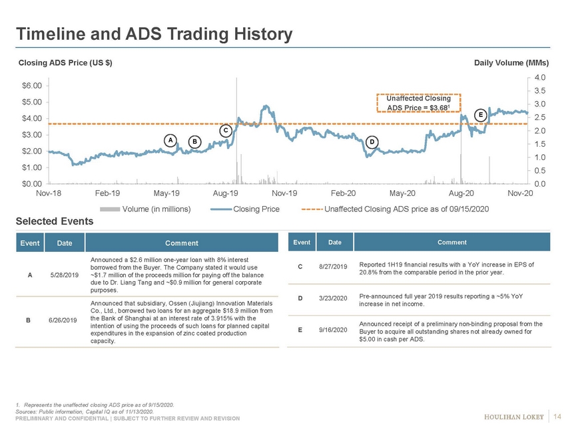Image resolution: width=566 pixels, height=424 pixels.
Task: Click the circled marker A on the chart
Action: coord(171,140)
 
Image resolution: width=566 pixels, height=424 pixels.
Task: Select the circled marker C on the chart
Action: coord(226,131)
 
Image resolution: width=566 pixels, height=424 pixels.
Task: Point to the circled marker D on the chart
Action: coord(372,142)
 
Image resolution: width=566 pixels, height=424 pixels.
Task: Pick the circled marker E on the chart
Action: coord(480,114)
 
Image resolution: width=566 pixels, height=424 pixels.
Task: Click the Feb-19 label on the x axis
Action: coord(107,193)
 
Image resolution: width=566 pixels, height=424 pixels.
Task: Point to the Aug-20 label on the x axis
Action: coord(461,193)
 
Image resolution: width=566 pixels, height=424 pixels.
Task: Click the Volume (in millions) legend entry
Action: coord(156,209)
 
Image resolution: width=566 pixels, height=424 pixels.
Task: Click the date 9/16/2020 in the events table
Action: coord(334,329)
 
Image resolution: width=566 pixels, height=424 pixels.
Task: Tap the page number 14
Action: coord(557,416)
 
